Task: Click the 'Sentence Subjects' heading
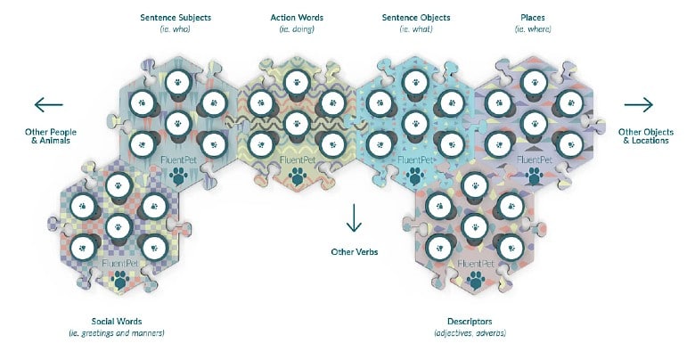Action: (176, 18)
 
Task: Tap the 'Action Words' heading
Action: (297, 18)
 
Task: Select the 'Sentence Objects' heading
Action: (416, 18)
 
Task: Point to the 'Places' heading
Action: (533, 18)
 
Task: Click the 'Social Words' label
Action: (117, 322)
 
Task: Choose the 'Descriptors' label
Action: (470, 322)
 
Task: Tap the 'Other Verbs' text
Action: (355, 252)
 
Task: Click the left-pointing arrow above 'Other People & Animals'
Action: (49, 105)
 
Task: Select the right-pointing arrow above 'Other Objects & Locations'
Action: (639, 105)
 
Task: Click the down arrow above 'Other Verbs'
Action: (354, 217)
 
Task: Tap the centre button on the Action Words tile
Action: (297, 124)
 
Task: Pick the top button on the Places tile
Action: (535, 83)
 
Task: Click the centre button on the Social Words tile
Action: (119, 227)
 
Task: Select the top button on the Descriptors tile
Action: (475, 185)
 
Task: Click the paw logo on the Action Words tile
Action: (297, 176)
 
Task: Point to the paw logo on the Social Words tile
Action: (119, 280)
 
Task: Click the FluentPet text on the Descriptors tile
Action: (475, 264)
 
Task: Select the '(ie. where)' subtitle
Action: (533, 29)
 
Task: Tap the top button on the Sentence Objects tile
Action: (415, 83)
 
